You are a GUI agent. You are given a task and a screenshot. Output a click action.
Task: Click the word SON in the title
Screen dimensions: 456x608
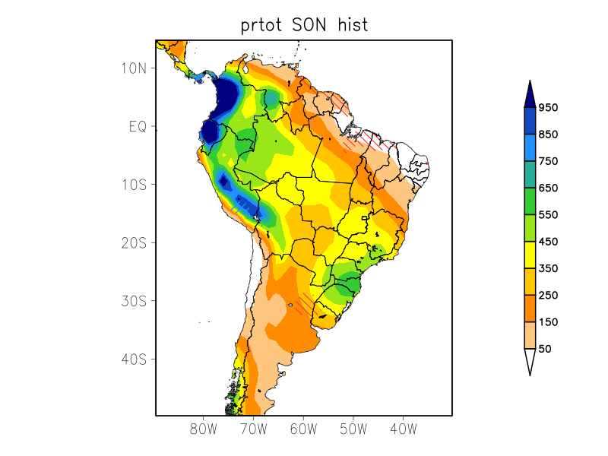(311, 25)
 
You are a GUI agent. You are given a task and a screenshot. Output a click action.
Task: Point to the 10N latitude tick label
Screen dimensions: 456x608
(134, 68)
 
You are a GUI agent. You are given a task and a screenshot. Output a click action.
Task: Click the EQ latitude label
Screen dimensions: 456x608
(138, 126)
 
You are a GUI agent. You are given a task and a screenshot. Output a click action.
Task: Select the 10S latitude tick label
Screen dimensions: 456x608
(134, 185)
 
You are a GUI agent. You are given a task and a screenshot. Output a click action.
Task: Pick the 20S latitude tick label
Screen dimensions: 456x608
(134, 242)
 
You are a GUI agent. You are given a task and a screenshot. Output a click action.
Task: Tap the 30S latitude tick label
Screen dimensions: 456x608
(134, 301)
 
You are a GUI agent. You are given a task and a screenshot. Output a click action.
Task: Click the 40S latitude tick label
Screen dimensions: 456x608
(134, 359)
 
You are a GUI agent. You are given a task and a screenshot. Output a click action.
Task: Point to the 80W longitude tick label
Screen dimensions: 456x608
(204, 429)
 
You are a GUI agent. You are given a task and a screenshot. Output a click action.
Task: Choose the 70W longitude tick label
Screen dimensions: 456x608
(254, 429)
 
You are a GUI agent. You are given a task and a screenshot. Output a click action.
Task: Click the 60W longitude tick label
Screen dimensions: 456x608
(303, 429)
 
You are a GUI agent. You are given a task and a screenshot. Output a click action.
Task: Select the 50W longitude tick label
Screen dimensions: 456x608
(353, 429)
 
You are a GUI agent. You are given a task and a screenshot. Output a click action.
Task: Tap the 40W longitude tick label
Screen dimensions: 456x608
(403, 429)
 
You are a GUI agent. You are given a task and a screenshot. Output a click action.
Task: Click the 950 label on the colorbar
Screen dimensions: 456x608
(548, 107)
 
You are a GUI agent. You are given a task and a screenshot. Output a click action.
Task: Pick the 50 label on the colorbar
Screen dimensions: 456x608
(544, 349)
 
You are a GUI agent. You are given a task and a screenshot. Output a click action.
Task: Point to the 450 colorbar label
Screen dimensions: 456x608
(548, 242)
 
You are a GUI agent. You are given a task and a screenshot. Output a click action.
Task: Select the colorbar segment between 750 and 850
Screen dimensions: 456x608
(530, 147)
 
